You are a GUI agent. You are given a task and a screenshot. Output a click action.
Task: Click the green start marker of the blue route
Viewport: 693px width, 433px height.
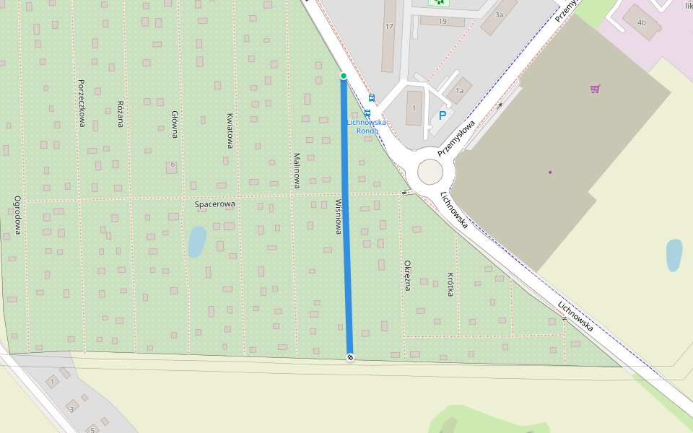[344, 76]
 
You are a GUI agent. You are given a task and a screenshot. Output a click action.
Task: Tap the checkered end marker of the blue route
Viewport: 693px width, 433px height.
[350, 357]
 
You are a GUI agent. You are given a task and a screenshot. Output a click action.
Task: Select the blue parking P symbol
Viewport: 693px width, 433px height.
[443, 115]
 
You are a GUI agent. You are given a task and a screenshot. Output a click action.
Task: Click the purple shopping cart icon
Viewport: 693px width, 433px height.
[595, 89]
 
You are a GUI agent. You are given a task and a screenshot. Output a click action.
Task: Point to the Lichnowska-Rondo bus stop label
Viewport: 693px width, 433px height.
[367, 126]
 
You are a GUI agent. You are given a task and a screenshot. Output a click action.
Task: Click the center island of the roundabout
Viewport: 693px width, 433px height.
[430, 172]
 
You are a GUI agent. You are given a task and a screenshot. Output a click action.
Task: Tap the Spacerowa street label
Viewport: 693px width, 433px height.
[215, 204]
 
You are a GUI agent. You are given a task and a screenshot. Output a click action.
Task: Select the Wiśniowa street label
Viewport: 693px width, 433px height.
[338, 216]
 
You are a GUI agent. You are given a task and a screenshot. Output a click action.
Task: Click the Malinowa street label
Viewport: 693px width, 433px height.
[297, 171]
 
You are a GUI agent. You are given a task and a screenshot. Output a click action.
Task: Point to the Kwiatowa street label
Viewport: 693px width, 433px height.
[230, 131]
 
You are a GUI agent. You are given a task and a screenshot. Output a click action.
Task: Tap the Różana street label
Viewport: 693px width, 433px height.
[121, 114]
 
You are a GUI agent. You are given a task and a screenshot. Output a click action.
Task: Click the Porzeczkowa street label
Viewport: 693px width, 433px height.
[82, 103]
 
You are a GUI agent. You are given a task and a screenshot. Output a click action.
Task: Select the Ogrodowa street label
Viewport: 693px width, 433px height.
[17, 215]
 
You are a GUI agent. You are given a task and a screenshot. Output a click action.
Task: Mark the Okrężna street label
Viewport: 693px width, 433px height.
[407, 275]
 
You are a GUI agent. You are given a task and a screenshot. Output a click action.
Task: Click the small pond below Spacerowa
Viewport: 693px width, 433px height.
[196, 242]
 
